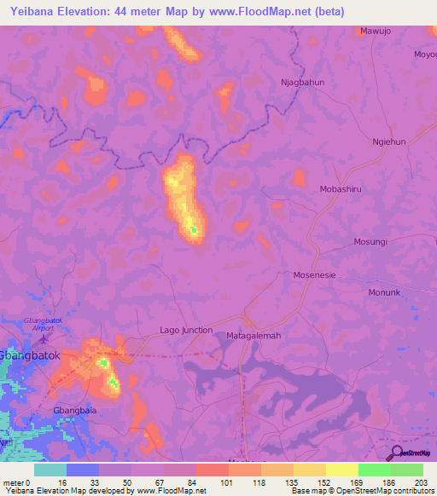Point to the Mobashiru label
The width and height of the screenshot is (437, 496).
(343, 189)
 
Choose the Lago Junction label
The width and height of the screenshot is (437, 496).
(186, 330)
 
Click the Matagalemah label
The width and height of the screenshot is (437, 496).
(253, 336)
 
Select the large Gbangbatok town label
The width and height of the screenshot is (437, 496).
(31, 356)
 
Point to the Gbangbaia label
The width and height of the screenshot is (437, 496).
(73, 410)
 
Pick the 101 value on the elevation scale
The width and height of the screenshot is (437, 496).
(228, 482)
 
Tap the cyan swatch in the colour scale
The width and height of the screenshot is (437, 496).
(50, 470)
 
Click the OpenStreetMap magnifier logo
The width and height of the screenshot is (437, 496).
(394, 453)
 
